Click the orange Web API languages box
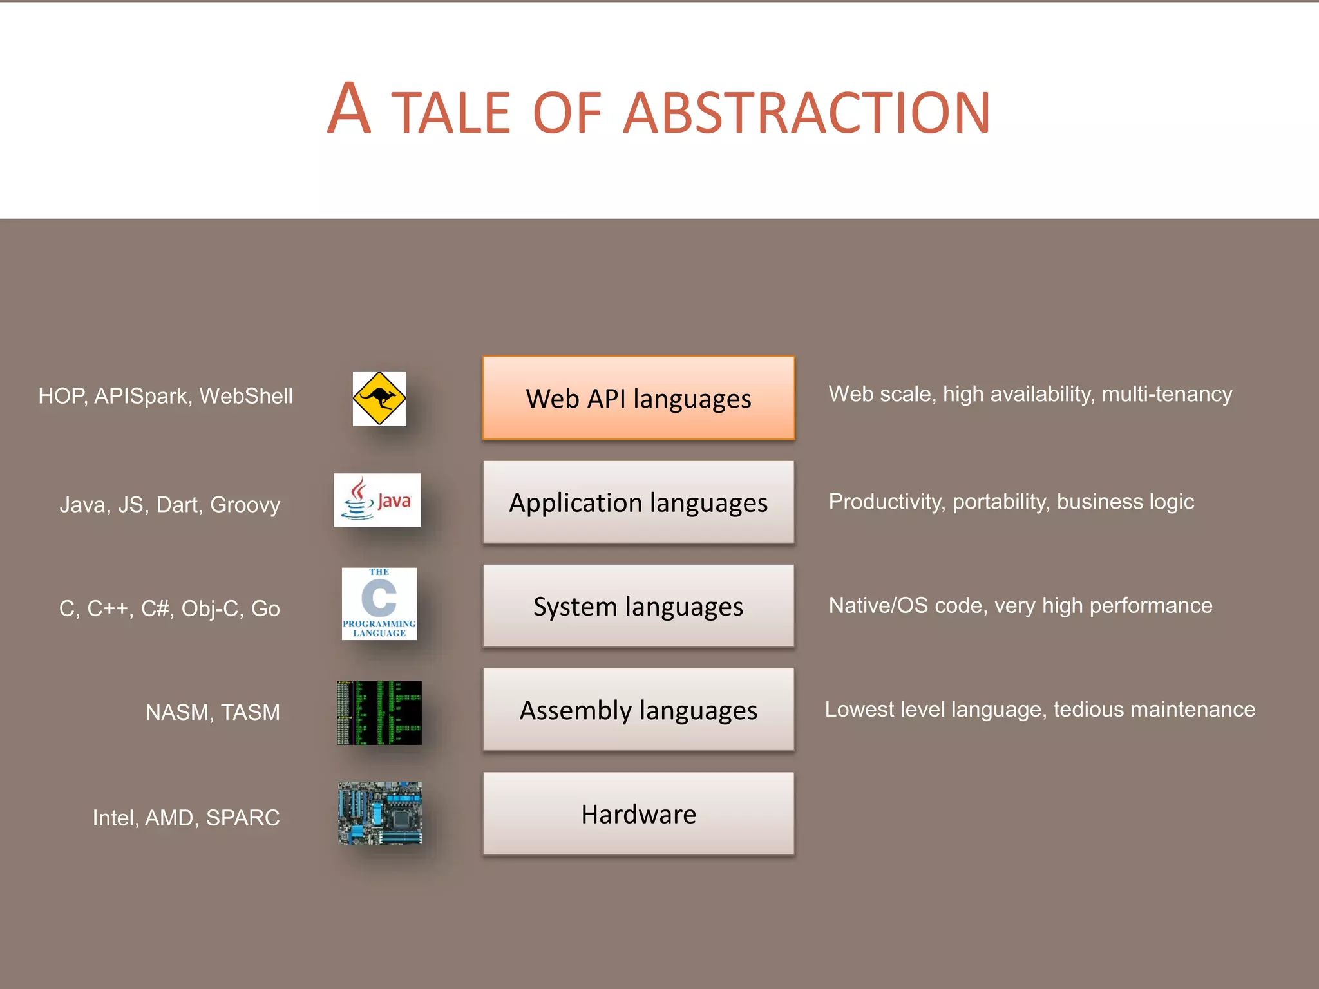coord(638,398)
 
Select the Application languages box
coord(638,502)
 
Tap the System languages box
coord(638,606)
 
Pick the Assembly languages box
coord(638,710)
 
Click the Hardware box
coord(638,814)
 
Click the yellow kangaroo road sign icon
coord(379,399)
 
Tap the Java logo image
coord(377,500)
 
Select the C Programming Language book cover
coord(379,603)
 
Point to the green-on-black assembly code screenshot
coord(379,713)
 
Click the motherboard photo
coord(380,813)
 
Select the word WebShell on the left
coord(246,396)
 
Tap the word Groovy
coord(245,505)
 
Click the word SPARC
coord(243,818)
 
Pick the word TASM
coord(251,713)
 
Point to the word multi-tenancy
coord(1167,394)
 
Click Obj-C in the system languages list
coord(210,608)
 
